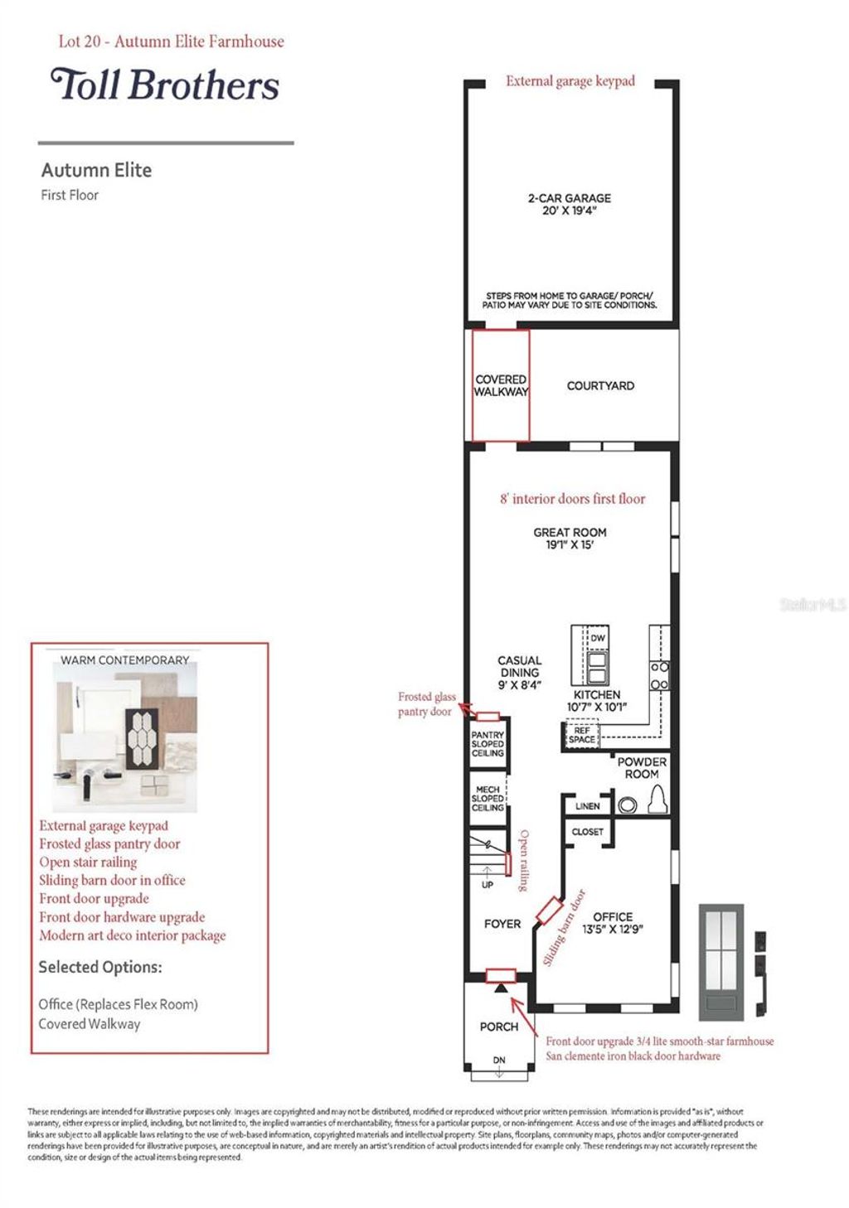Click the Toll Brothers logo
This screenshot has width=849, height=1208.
click(165, 85)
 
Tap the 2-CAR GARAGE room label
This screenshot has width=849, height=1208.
click(569, 204)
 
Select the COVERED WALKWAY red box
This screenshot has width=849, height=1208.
click(501, 385)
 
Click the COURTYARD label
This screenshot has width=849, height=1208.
click(600, 385)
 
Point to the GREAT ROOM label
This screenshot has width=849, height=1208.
click(570, 538)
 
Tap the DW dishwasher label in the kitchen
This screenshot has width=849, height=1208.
click(597, 638)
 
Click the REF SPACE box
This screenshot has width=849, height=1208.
click(581, 735)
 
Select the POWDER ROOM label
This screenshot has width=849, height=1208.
click(642, 767)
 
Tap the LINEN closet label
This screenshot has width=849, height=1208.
click(587, 805)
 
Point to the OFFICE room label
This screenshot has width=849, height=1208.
click(613, 922)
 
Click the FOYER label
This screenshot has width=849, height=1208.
click(502, 924)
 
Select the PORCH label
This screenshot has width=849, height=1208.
click(499, 1027)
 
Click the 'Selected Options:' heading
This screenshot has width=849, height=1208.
click(100, 967)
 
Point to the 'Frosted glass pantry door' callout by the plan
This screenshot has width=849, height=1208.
click(426, 703)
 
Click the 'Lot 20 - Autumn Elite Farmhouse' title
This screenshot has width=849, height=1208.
click(171, 41)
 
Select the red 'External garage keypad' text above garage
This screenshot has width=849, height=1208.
click(570, 81)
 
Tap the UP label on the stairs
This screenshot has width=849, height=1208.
click(488, 885)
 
